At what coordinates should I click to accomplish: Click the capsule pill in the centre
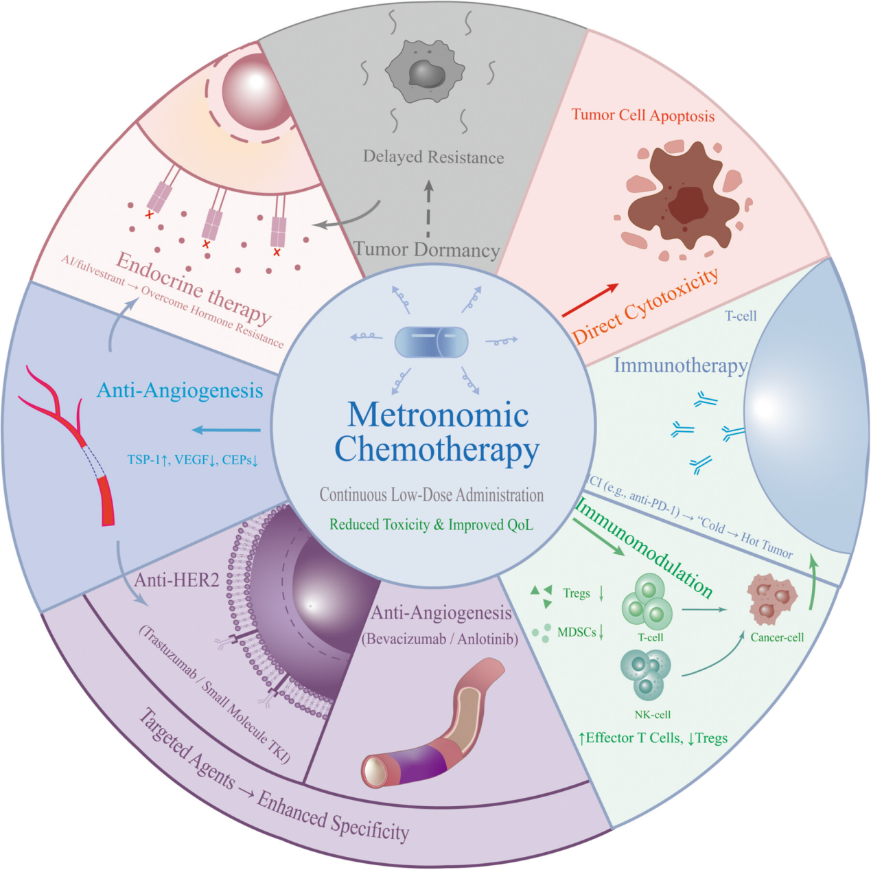[432, 341]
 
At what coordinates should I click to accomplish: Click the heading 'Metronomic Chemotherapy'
[437, 432]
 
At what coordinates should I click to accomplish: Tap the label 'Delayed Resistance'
[433, 157]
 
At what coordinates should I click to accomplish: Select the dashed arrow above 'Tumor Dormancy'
[428, 209]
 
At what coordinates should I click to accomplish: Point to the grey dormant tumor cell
[425, 71]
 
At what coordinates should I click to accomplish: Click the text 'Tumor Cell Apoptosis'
[643, 115]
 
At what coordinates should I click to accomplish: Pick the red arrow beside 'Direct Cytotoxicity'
[590, 300]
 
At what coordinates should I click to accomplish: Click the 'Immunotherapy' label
[680, 365]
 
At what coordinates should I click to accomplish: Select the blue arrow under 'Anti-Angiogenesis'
[226, 431]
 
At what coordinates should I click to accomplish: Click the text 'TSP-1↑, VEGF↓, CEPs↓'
[192, 459]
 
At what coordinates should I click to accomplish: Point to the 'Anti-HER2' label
[176, 580]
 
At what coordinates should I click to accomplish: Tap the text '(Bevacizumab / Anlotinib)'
[440, 639]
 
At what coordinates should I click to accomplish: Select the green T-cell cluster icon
[647, 602]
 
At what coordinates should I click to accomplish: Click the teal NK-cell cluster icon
[645, 675]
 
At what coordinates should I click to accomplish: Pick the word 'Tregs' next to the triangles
[577, 593]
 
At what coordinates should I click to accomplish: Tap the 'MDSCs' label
[577, 632]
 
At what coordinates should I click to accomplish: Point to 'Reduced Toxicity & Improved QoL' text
[431, 525]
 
